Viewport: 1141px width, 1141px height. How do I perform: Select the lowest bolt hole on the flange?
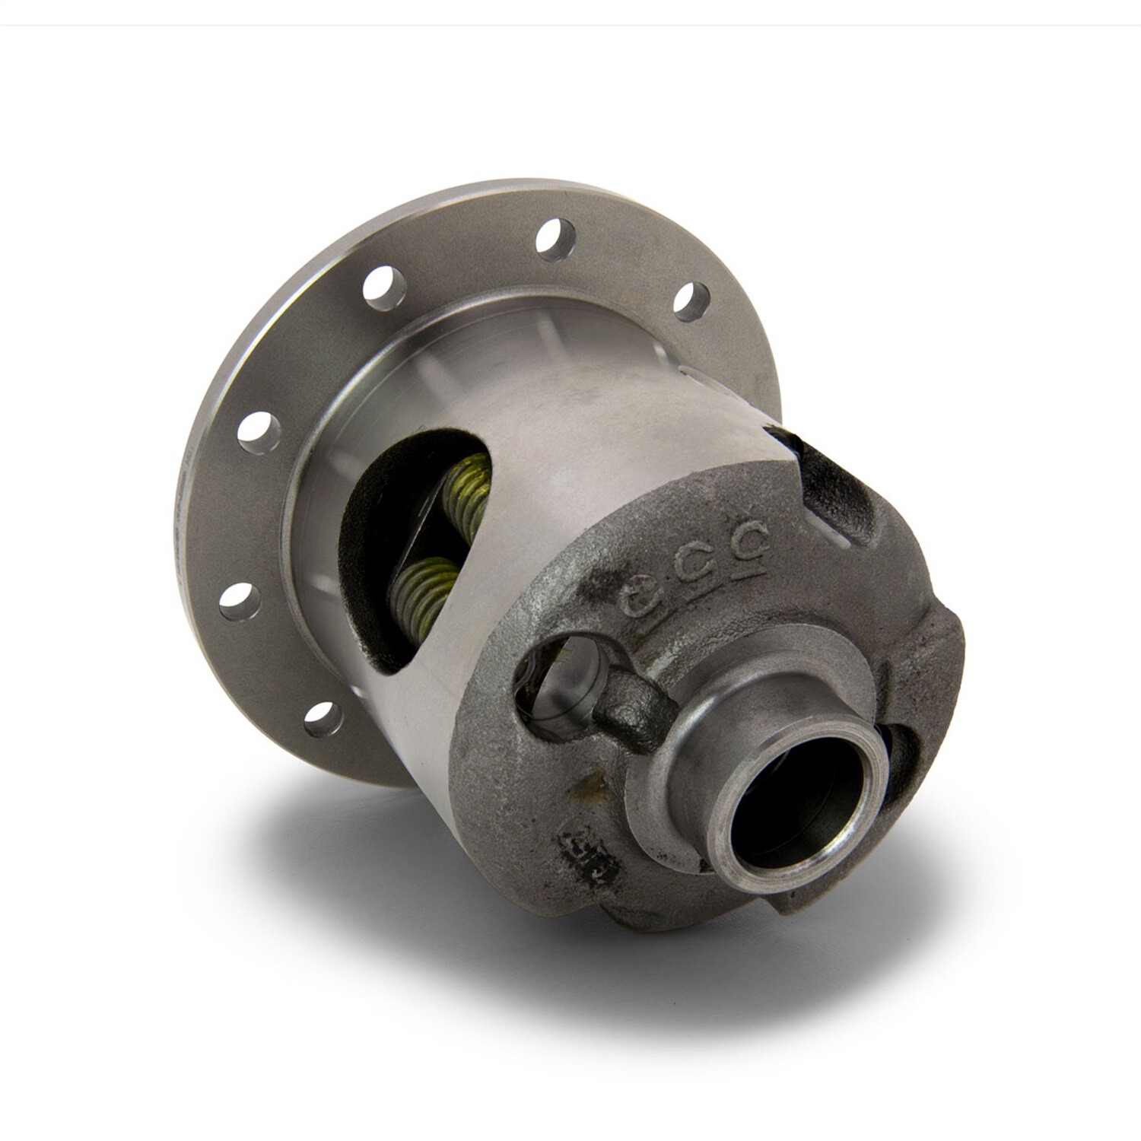pos(323,718)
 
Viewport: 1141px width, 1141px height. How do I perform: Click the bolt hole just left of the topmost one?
pos(383,288)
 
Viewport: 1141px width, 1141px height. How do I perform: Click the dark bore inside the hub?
pos(799,818)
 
